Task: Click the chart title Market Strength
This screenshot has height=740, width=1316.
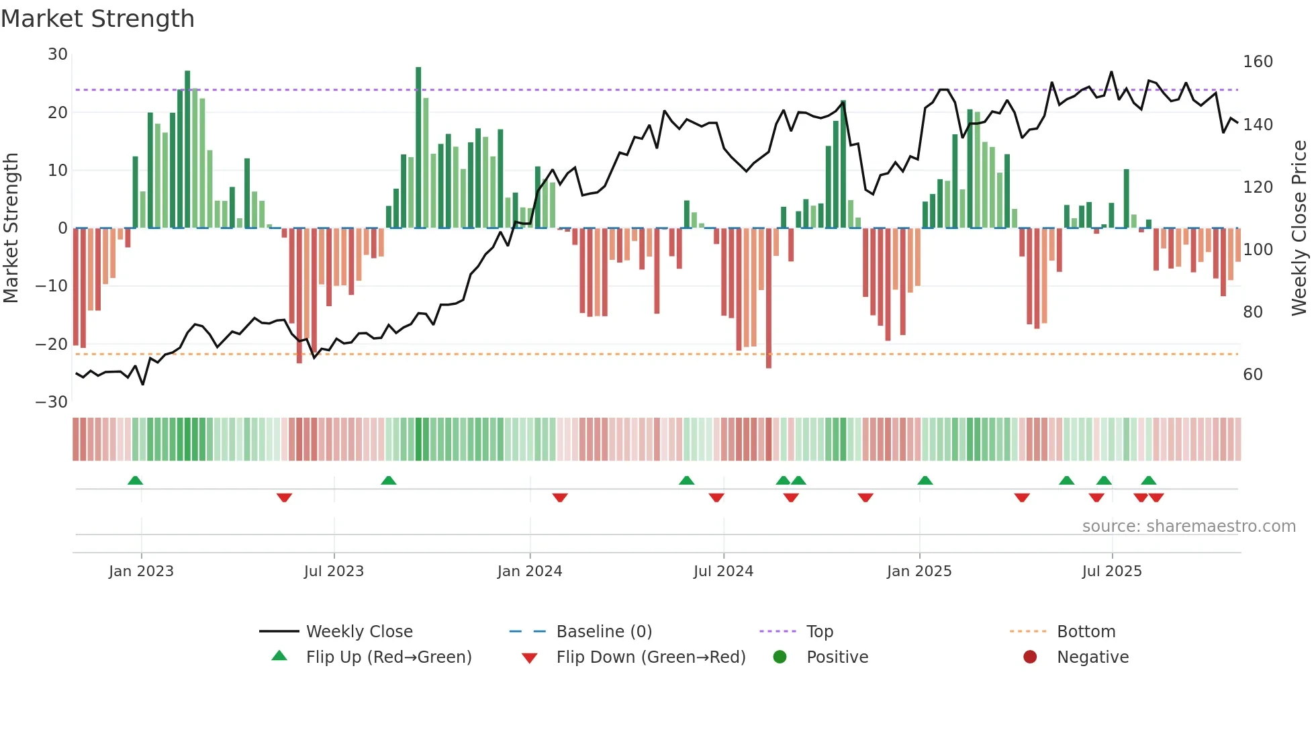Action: point(97,19)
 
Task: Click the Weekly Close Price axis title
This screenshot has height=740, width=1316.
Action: point(1299,228)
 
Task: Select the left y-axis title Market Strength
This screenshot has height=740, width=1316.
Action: point(11,228)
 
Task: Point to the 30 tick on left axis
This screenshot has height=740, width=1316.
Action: point(58,54)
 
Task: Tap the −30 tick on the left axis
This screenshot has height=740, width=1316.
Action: point(52,402)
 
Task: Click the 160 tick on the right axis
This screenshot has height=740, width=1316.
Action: point(1258,62)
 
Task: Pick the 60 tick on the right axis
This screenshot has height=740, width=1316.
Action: point(1253,375)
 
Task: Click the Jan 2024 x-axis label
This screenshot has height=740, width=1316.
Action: point(529,571)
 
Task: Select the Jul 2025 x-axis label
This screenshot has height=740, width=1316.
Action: point(1111,571)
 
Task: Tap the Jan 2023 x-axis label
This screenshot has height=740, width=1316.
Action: point(141,571)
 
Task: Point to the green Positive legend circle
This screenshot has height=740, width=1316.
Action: point(780,657)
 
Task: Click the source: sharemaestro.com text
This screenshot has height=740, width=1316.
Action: point(1188,526)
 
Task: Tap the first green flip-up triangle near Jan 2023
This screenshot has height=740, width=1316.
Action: point(135,480)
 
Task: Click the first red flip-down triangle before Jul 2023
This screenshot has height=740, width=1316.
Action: point(284,498)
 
